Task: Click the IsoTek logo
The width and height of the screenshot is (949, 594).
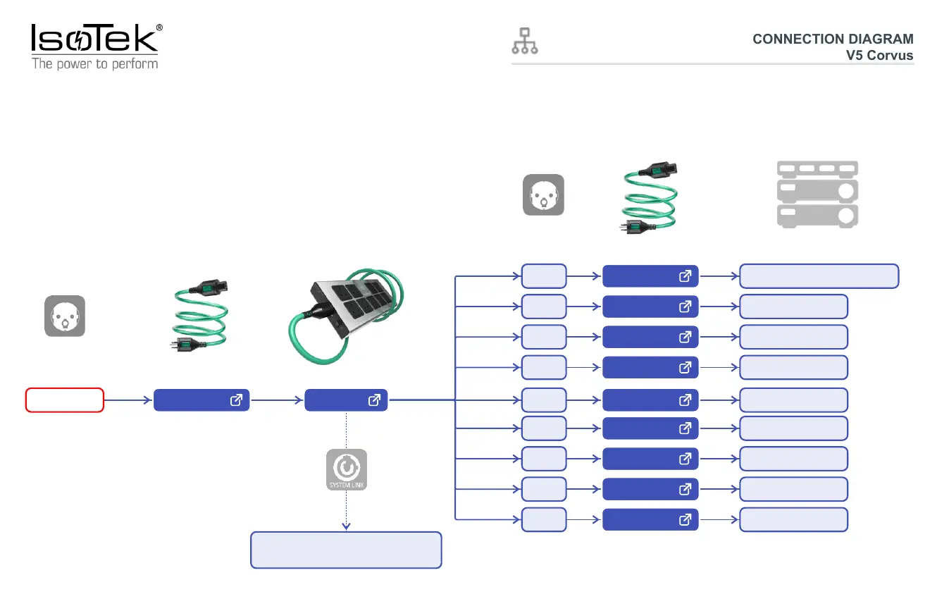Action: (94, 39)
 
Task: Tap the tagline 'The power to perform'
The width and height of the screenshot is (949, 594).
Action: (94, 64)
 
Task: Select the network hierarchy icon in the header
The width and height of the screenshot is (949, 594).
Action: (524, 42)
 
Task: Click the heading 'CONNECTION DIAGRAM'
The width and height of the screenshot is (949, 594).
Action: (832, 39)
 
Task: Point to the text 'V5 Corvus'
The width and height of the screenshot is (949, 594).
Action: (879, 56)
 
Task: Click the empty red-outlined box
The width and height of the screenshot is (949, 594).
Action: (65, 400)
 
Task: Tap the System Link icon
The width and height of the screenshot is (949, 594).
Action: (346, 470)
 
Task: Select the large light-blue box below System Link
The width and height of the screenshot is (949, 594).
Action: (346, 550)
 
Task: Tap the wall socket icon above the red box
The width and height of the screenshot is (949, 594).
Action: (65, 316)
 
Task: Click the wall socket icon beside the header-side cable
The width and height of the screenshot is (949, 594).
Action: (543, 194)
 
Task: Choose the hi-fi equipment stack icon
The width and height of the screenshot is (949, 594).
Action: (817, 194)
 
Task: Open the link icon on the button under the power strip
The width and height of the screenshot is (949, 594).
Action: (374, 400)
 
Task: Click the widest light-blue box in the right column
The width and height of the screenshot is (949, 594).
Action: (819, 276)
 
